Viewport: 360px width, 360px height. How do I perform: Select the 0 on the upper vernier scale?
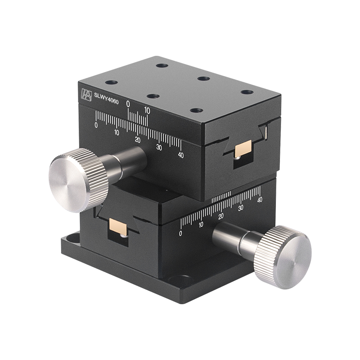click(128, 104)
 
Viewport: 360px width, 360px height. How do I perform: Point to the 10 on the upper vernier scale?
click(147, 109)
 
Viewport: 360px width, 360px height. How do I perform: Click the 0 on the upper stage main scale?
click(96, 126)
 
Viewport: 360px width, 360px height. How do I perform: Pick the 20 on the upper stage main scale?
click(137, 140)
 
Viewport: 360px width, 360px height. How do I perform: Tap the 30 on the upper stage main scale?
click(159, 147)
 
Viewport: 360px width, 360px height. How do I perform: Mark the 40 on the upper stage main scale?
click(181, 155)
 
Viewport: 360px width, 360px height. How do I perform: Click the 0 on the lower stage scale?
click(180, 234)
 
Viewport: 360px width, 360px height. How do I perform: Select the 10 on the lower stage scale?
click(201, 225)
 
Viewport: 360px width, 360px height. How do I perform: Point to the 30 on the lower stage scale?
click(241, 207)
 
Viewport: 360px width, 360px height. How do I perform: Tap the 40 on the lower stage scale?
click(259, 200)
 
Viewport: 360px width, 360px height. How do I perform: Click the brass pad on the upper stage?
click(243, 149)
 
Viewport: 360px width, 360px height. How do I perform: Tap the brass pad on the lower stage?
click(119, 228)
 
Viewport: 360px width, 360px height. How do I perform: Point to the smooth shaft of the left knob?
click(133, 160)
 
